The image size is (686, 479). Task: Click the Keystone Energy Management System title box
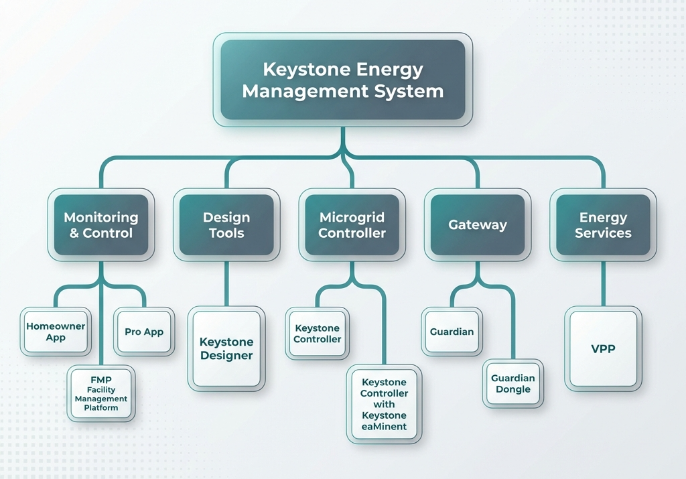pos(342,80)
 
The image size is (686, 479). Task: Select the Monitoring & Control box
pos(101,225)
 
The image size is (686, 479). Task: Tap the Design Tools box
pos(226,225)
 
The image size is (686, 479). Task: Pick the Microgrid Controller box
pos(352,225)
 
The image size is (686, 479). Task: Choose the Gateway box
pos(477,225)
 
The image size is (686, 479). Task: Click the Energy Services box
pos(603,225)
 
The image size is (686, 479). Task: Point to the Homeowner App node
pos(56,332)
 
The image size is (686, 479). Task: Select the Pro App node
pos(144,332)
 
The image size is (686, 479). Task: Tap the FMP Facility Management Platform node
pos(101,394)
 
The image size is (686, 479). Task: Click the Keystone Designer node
pos(226,349)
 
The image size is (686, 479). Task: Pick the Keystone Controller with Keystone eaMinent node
pos(384,404)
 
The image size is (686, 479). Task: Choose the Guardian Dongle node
pos(513,384)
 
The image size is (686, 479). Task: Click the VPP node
pos(603,349)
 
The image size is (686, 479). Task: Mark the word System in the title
pos(410,90)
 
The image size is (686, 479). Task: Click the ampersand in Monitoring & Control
pos(74,233)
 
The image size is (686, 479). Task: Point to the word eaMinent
pos(384,426)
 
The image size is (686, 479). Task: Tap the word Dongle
pos(513,389)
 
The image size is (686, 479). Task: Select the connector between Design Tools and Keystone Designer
pos(226,285)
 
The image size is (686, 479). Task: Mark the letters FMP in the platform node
pos(101,380)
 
